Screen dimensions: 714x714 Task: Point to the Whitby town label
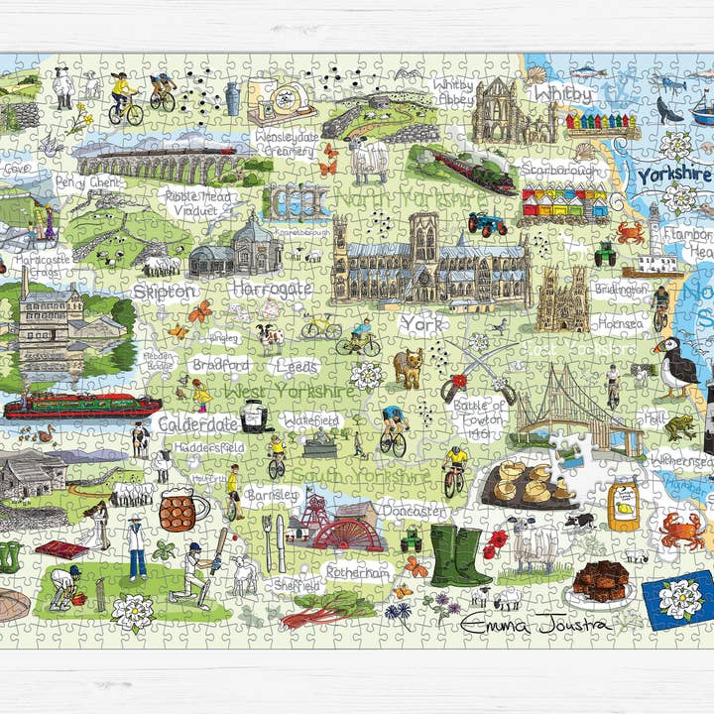562,94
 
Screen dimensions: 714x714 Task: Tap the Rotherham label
357,573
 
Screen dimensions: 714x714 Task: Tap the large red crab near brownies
683,530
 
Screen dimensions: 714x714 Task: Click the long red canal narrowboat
82,406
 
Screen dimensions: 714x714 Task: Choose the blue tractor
488,224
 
